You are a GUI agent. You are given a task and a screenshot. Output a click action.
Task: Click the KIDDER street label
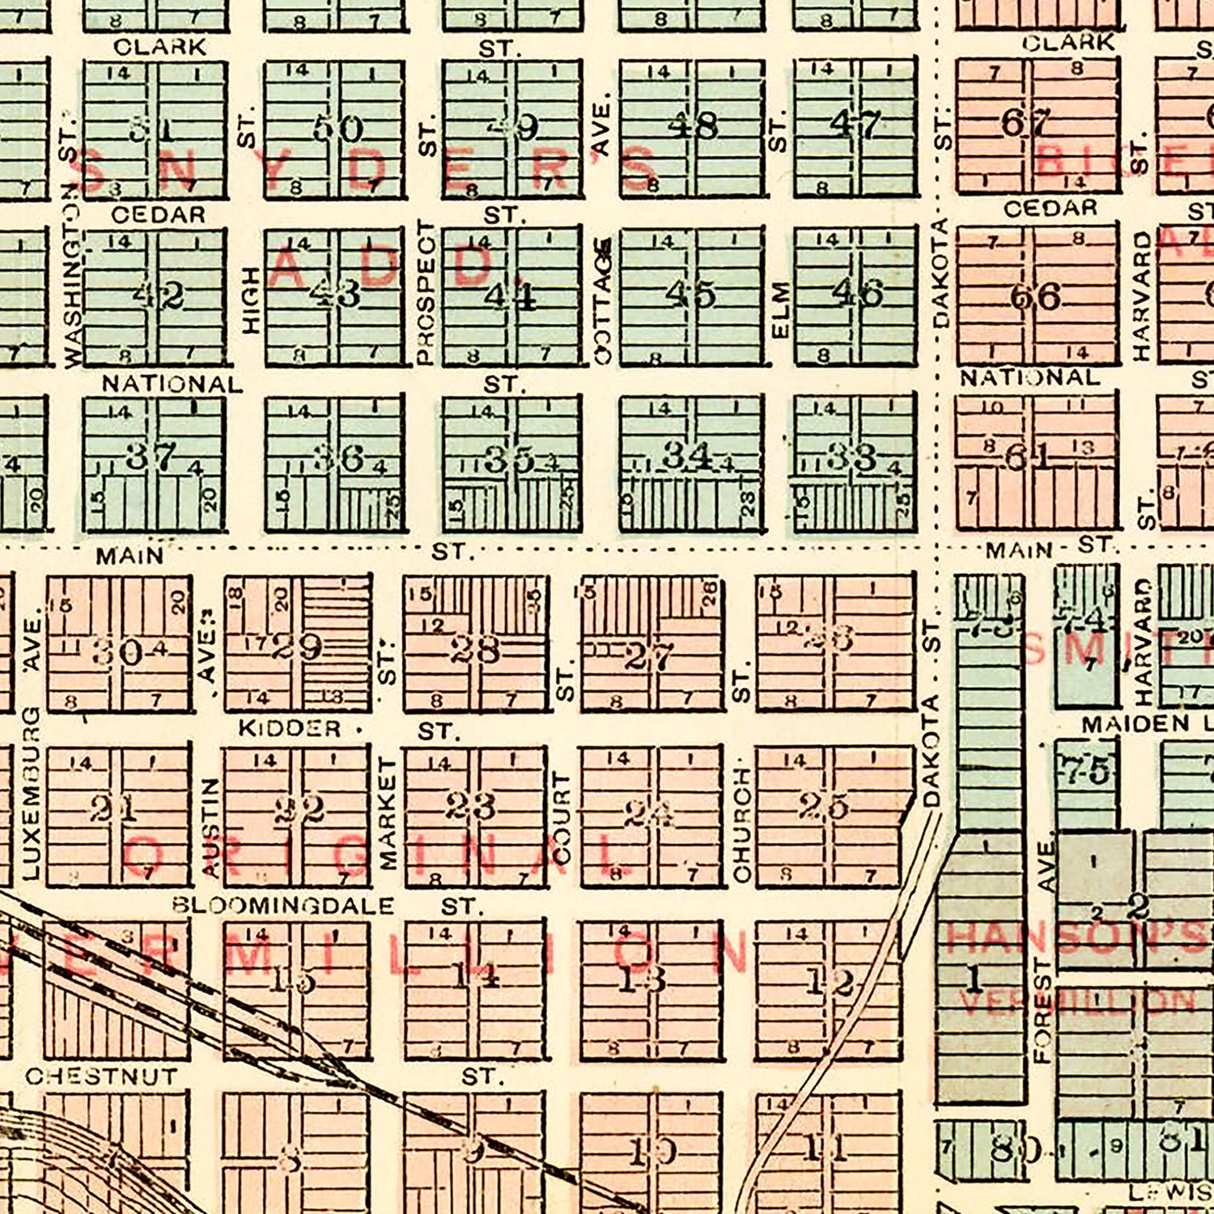click(x=289, y=728)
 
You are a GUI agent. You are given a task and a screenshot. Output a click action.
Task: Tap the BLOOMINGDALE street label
click(x=283, y=905)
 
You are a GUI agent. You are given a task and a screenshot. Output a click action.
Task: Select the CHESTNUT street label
click(x=101, y=1076)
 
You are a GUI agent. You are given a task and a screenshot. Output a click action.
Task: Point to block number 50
click(x=338, y=128)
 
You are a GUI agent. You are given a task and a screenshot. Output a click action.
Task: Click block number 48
click(x=693, y=125)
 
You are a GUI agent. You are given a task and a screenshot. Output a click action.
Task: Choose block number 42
click(x=159, y=296)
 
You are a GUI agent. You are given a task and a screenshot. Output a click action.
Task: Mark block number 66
click(x=1035, y=296)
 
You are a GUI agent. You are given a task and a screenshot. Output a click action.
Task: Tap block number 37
click(x=151, y=457)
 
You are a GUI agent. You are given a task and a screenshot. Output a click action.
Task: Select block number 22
click(x=299, y=809)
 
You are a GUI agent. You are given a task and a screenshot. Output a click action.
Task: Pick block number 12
click(x=830, y=983)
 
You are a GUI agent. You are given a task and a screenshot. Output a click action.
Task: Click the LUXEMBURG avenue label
click(x=31, y=793)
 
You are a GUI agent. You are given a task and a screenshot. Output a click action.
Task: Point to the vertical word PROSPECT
click(x=426, y=293)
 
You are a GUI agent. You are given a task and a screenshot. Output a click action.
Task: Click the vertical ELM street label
click(x=780, y=310)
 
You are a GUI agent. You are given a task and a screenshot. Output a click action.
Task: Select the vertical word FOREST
click(x=1043, y=1012)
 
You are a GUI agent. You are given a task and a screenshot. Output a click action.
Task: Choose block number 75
click(x=1087, y=770)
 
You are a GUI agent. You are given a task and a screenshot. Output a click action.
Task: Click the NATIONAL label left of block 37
click(x=172, y=384)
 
